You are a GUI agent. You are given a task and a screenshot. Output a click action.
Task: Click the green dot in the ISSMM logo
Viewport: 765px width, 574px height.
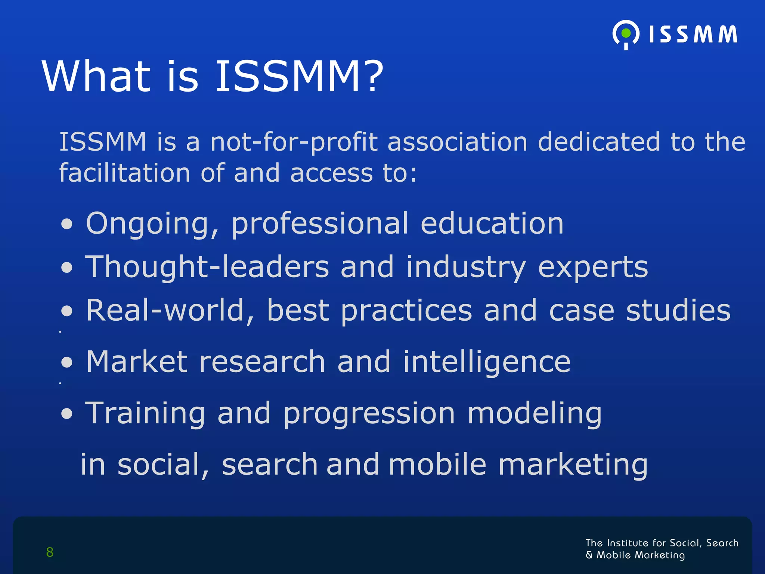[x=626, y=34]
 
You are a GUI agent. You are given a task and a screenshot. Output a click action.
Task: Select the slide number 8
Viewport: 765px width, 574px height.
[x=50, y=552]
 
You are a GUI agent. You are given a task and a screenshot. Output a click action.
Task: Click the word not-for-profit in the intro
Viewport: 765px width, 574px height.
[x=294, y=142]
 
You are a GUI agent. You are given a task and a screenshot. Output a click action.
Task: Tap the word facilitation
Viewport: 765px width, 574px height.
[x=125, y=173]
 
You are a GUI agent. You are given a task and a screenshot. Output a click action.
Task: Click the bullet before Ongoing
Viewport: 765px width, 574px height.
[x=67, y=224]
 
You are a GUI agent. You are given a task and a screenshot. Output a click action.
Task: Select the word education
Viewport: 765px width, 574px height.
[x=492, y=223]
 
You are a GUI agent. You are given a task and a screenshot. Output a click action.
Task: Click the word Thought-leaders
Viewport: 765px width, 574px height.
[x=207, y=267]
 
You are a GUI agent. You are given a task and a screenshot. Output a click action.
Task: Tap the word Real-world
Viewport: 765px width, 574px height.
[x=170, y=310]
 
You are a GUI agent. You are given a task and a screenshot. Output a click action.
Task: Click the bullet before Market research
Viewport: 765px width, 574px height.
[x=67, y=362]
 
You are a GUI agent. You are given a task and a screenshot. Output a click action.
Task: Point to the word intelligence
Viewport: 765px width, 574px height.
[x=487, y=362]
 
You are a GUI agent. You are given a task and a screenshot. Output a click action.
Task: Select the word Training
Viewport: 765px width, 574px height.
[x=145, y=414]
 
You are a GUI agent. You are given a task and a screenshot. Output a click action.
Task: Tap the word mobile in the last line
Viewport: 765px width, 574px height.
[x=437, y=465]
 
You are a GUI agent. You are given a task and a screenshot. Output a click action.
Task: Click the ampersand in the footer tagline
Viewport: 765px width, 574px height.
[x=589, y=555]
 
